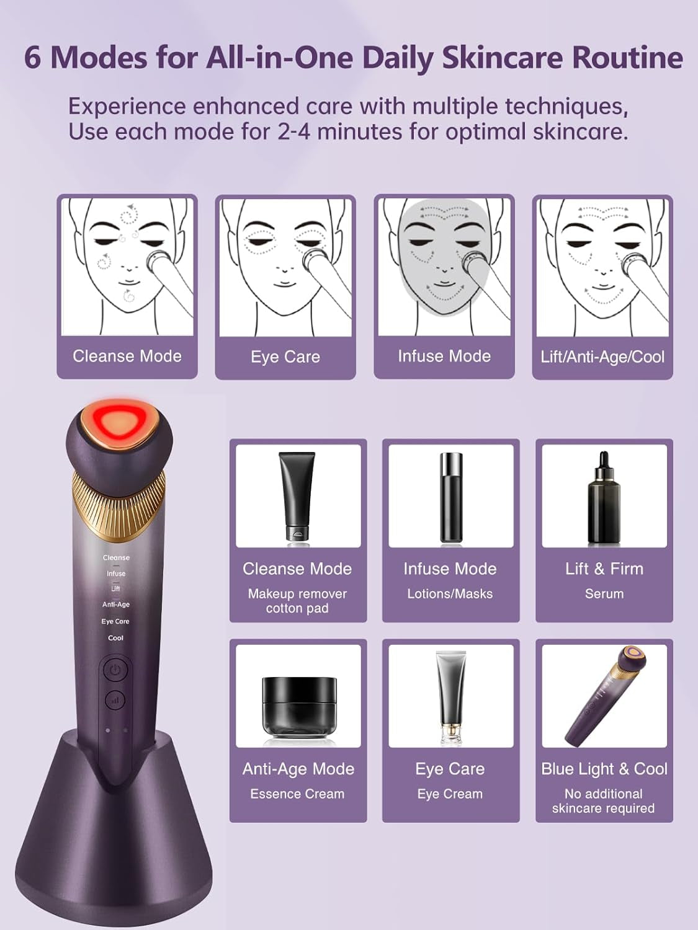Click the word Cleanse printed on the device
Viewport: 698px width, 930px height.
116,557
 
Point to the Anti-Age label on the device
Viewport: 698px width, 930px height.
116,604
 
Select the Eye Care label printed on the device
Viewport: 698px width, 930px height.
115,621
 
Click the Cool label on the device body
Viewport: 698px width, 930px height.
116,638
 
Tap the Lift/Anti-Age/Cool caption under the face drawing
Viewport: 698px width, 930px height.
602,356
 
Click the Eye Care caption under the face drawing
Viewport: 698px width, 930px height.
285,356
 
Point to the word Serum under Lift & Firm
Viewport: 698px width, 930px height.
604,593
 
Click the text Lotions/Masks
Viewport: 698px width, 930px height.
450,593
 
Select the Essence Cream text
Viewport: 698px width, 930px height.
297,794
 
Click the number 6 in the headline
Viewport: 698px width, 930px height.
33,58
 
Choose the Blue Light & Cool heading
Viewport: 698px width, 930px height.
604,769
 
